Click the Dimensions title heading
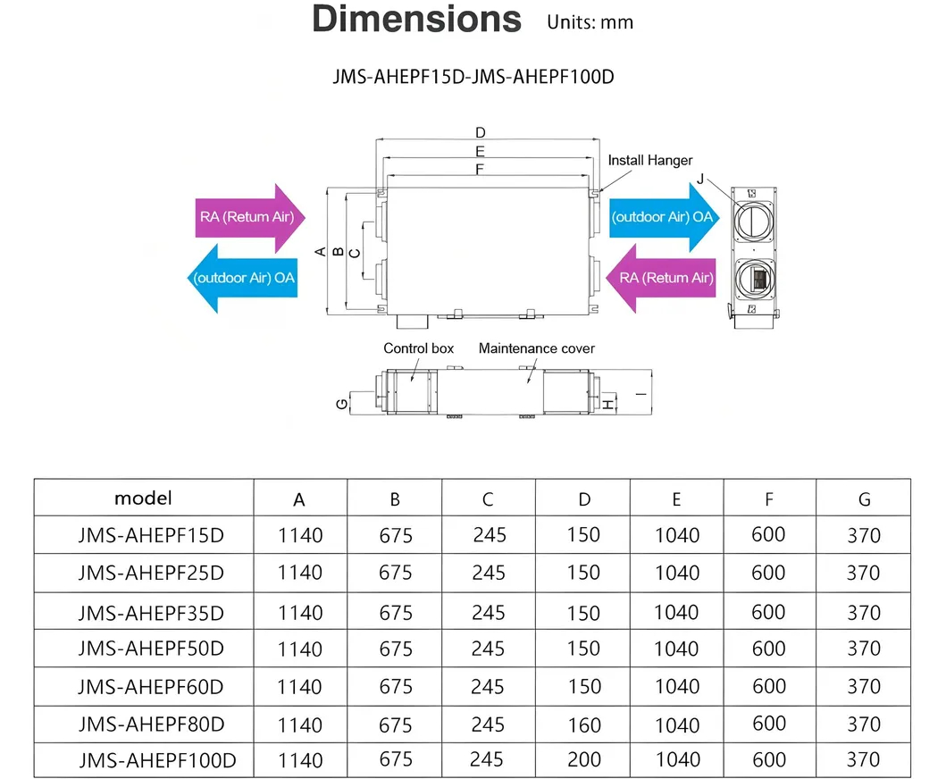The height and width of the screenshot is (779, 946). point(416,20)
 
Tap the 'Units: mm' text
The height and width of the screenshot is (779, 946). point(590,23)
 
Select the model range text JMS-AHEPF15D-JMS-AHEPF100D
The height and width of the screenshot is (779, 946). point(473,78)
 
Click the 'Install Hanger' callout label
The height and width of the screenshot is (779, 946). point(650,161)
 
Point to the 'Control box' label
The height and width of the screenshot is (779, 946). point(419,348)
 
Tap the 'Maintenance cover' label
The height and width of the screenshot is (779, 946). point(536,348)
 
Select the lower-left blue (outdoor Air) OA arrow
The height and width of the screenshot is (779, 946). point(243,278)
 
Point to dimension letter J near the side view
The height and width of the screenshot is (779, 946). point(700,179)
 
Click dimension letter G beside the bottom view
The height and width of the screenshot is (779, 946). point(341,405)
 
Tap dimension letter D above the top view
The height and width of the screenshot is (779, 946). point(481,133)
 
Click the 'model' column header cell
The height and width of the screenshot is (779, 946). point(143,498)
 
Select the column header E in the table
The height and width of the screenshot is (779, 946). point(676,499)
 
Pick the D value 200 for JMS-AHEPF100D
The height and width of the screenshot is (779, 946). point(583,759)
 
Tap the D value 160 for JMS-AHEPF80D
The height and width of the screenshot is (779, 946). point(583,725)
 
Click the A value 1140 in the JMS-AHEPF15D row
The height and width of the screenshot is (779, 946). point(300,536)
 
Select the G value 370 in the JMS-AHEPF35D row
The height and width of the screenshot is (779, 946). point(864,613)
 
